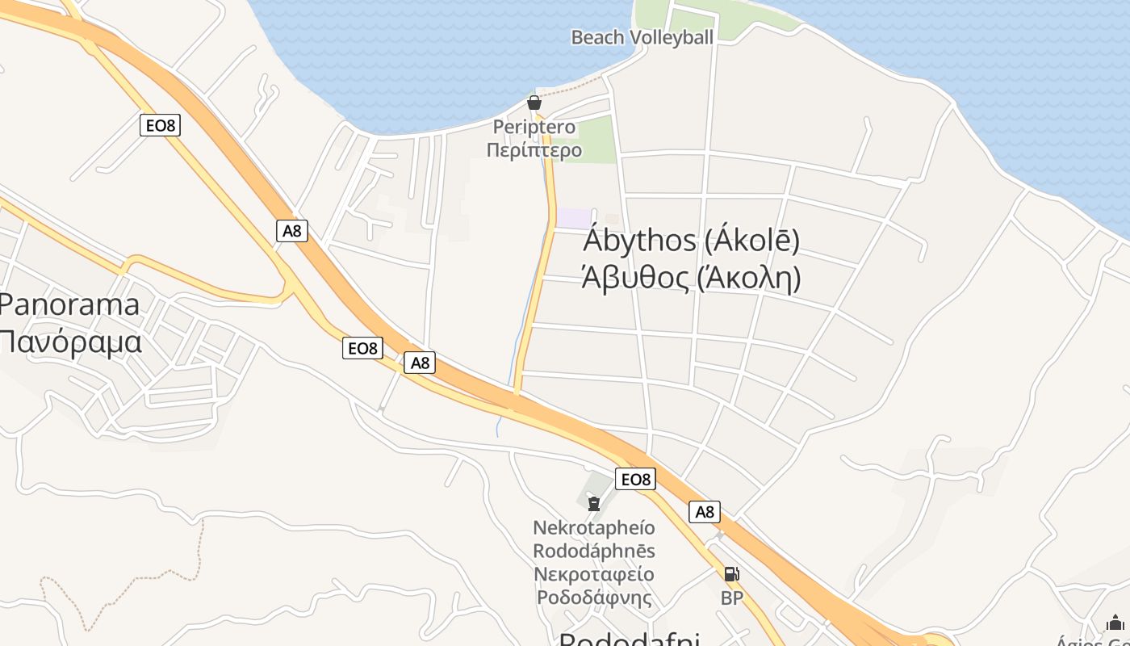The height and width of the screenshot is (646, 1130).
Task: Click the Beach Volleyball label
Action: click(x=642, y=37)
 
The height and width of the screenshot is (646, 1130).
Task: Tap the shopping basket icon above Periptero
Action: click(x=534, y=103)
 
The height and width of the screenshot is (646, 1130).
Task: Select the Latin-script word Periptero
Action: click(x=534, y=127)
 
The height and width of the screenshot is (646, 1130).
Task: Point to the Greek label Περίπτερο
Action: click(x=534, y=149)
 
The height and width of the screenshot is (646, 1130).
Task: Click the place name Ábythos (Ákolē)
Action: click(x=691, y=241)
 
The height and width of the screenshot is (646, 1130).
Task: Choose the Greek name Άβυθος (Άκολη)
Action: click(x=691, y=277)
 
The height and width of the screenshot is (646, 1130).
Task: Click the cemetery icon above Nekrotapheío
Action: click(x=594, y=505)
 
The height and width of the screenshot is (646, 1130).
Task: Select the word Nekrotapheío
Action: click(x=594, y=528)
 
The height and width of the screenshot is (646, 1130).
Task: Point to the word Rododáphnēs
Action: click(x=594, y=552)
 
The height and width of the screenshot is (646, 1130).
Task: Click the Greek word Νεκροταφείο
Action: click(x=594, y=575)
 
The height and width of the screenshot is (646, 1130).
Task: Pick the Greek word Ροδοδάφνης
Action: click(x=594, y=598)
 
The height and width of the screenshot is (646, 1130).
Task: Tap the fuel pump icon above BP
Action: click(x=731, y=574)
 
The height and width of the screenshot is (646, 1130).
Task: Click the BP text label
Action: click(x=731, y=598)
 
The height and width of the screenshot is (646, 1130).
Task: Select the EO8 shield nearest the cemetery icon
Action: click(x=634, y=480)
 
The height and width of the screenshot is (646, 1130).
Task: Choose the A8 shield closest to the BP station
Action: click(x=705, y=511)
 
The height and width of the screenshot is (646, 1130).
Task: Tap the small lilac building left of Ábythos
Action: click(x=575, y=218)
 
